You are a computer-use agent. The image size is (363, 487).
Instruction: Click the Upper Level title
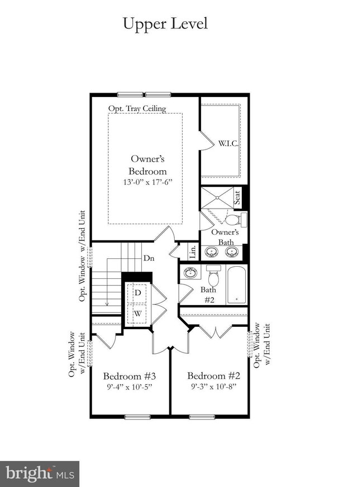[165, 23]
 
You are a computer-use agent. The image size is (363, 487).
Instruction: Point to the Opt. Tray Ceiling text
[137, 108]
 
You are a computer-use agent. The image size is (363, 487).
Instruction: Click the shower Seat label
[237, 197]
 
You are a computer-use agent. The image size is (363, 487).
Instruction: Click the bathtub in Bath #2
[237, 285]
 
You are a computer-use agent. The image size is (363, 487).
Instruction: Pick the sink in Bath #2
[190, 273]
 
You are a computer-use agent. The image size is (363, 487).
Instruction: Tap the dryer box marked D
[137, 293]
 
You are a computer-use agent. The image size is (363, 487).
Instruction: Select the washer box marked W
[137, 314]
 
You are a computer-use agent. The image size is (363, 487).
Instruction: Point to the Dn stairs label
[149, 258]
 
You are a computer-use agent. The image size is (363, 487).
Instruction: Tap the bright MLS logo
[39, 474]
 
